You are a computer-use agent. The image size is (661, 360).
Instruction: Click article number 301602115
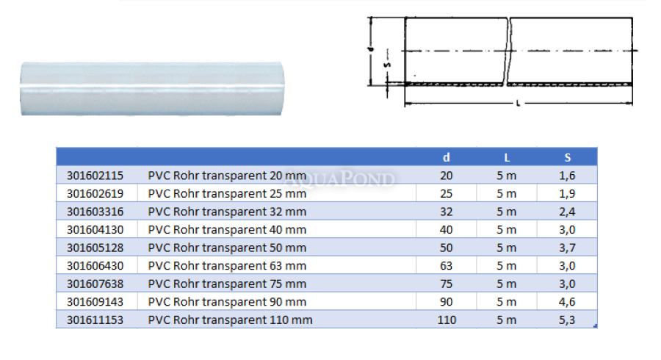95,176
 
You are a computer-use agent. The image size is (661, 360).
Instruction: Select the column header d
447,157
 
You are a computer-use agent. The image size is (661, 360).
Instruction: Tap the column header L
507,158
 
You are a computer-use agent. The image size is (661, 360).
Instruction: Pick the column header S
568,158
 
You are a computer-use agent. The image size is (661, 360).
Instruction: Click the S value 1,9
567,193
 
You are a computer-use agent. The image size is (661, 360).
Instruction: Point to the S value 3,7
567,248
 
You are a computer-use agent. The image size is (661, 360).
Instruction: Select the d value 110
447,320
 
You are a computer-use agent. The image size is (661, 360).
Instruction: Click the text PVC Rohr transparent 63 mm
227,266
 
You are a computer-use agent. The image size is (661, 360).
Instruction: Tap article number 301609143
95,302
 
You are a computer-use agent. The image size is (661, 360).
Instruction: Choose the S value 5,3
567,320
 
